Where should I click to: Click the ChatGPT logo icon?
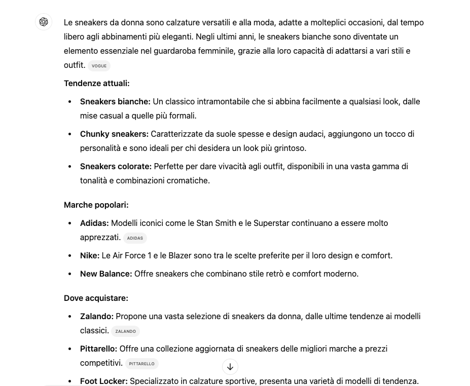tap(44, 22)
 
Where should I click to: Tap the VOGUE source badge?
tap(99, 66)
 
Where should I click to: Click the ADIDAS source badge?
tap(135, 238)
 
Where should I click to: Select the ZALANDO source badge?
tap(125, 331)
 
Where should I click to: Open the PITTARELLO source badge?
tap(141, 364)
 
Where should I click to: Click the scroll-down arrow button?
tap(230, 367)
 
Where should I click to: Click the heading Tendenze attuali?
tap(96, 83)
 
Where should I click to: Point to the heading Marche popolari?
tap(96, 205)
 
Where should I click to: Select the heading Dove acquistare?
tap(96, 298)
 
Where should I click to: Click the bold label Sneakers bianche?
tap(115, 101)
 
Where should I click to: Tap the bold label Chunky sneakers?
tap(114, 134)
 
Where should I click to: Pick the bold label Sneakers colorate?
tap(116, 166)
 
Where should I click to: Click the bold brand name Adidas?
tap(94, 223)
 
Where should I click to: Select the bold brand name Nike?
tap(90, 255)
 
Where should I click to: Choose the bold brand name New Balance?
tap(106, 274)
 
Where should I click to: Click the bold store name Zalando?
tap(96, 316)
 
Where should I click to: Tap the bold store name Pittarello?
tap(98, 349)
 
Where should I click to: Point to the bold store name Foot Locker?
tap(103, 381)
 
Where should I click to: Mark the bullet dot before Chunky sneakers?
tap(70, 134)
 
